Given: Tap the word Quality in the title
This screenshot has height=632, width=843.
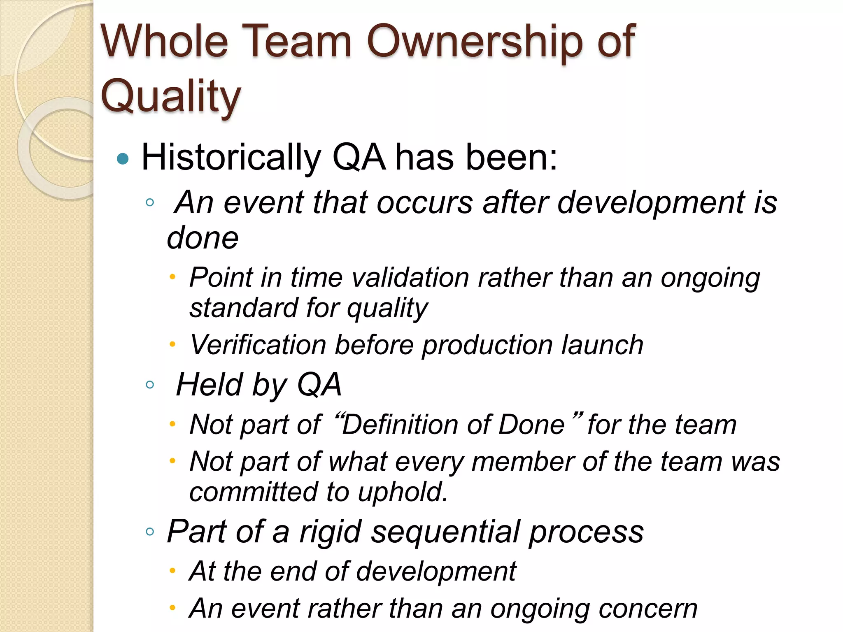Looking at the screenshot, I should (x=170, y=97).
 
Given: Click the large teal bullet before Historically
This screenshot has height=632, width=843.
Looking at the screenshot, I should (x=123, y=159).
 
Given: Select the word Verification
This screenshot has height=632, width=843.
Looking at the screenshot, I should (x=258, y=345).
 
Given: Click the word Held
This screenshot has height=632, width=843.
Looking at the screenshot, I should (x=210, y=385).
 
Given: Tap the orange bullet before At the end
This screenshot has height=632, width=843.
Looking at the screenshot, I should (x=172, y=571).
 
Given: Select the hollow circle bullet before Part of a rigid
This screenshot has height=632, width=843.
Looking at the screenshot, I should (x=150, y=532).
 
